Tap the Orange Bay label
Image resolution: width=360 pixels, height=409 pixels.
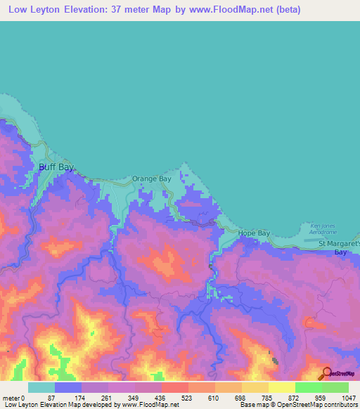tap(152, 179)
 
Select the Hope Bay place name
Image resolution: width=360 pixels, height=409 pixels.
tap(254, 233)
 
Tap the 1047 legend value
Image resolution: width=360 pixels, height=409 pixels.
tap(350, 397)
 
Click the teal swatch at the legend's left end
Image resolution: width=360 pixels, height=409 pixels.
tap(41, 387)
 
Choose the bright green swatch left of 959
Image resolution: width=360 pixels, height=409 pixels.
tap(308, 387)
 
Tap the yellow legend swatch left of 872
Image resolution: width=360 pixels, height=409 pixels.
tap(281, 387)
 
